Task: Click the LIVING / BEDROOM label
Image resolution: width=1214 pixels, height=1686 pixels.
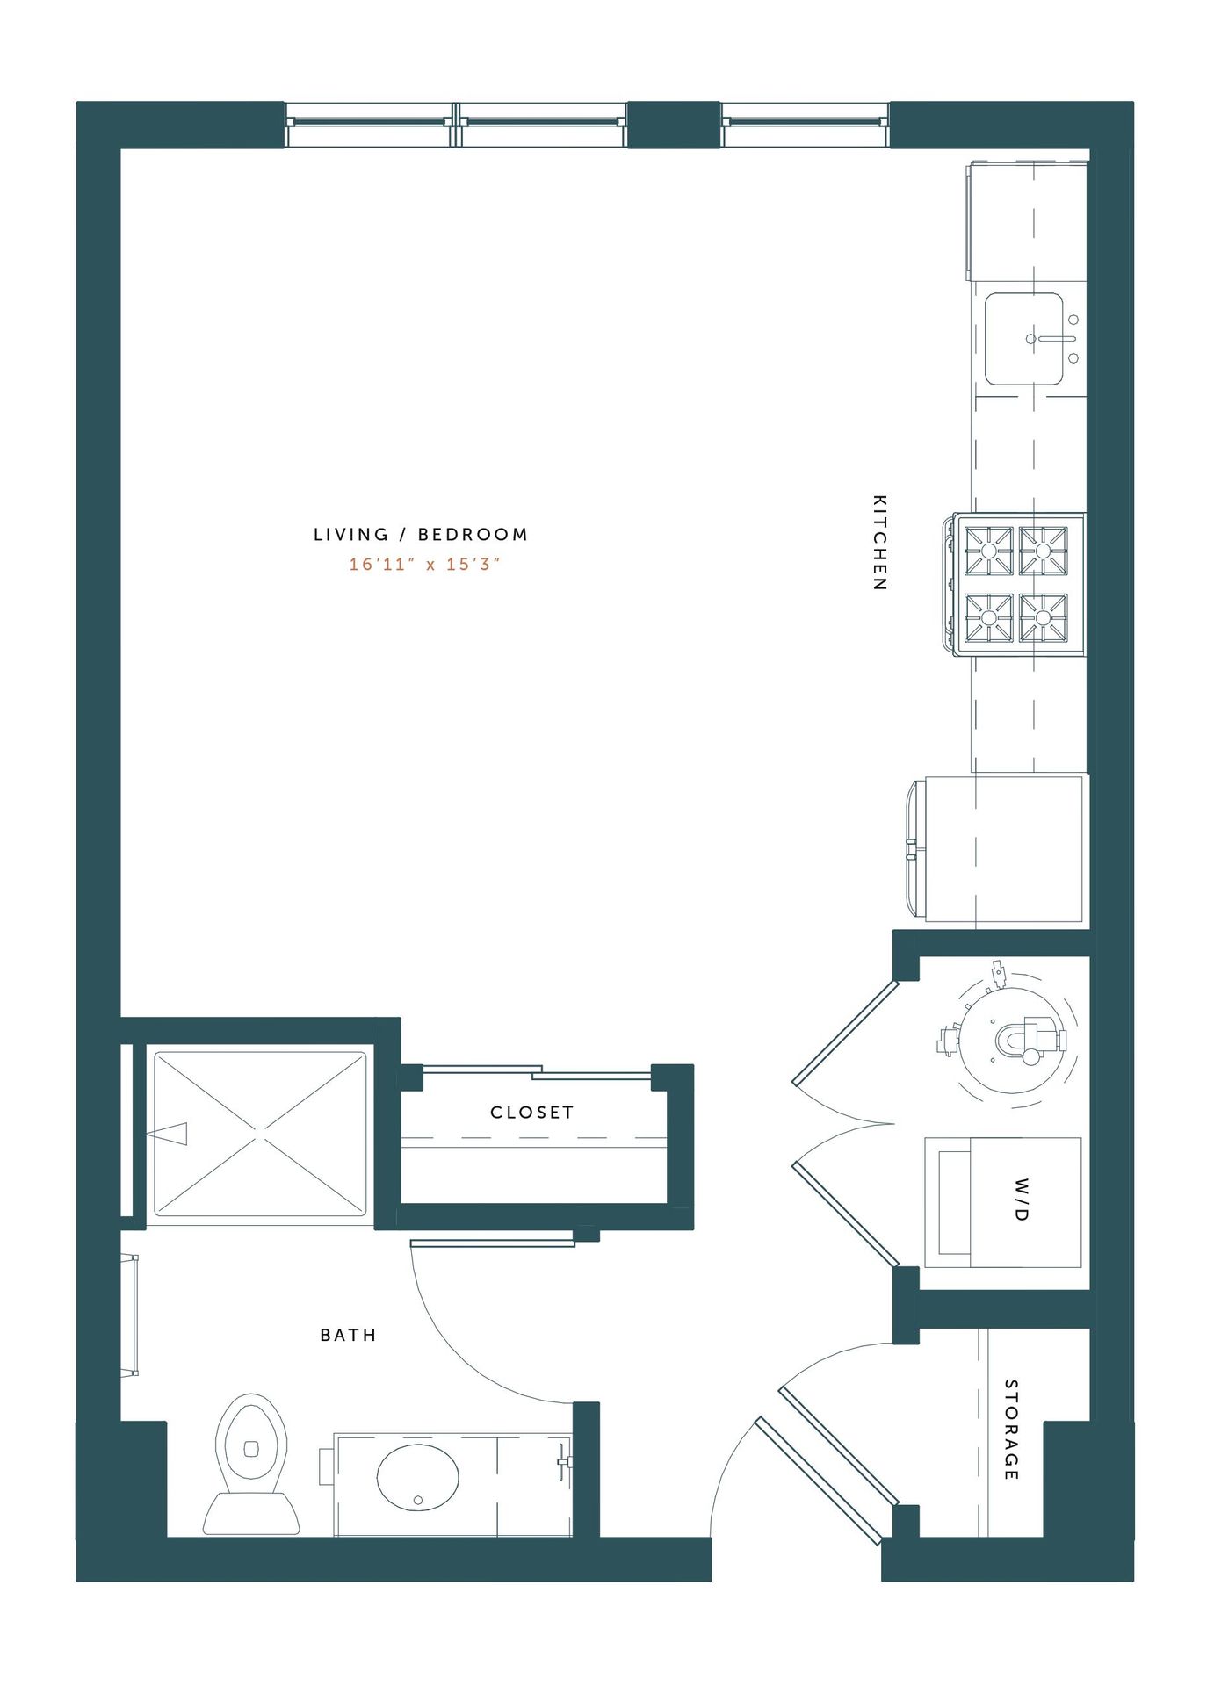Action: (421, 534)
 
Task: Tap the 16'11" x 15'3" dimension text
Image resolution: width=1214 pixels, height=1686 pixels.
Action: (424, 564)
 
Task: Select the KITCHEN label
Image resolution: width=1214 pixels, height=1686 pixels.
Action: (879, 542)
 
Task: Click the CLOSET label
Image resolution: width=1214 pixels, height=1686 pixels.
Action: (531, 1112)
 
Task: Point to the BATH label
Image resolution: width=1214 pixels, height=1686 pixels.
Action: (348, 1335)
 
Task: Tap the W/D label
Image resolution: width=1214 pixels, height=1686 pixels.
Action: (1021, 1200)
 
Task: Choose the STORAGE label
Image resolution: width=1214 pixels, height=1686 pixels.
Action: (1011, 1430)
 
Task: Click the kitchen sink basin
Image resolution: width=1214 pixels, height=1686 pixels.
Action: (1024, 339)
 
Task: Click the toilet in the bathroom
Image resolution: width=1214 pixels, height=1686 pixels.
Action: (251, 1464)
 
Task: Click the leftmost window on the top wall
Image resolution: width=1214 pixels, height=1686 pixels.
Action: (369, 125)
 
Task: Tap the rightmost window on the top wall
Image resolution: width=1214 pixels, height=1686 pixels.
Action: (805, 125)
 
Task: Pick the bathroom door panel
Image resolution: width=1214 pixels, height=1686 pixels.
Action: (492, 1243)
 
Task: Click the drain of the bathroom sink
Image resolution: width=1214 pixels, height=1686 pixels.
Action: (418, 1500)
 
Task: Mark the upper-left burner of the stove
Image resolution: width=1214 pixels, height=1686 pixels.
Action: (989, 551)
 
